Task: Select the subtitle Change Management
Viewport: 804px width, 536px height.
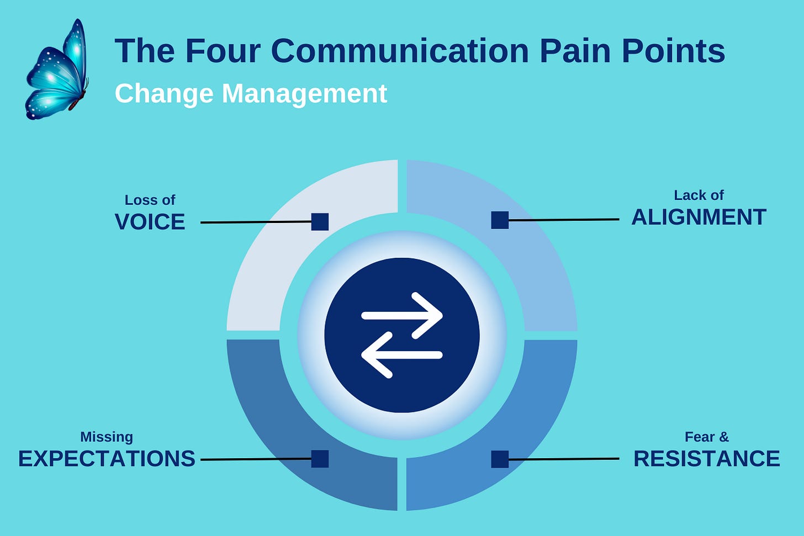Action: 251,93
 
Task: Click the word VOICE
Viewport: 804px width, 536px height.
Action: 150,222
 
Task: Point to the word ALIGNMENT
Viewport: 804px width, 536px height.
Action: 699,217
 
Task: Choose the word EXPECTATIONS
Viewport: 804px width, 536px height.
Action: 107,459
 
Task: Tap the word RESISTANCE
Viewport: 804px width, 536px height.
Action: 706,459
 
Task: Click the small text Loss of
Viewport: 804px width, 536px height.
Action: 150,200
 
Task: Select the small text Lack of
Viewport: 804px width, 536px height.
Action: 699,195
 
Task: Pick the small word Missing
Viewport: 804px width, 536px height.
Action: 107,437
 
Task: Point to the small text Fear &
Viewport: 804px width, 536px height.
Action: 706,437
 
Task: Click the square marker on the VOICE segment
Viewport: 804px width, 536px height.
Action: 320,222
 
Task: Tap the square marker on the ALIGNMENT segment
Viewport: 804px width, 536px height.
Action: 500,220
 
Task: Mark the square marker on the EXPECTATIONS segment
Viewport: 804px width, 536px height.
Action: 320,459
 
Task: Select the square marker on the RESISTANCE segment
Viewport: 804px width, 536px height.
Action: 500,459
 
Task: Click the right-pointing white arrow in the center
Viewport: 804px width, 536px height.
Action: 402,316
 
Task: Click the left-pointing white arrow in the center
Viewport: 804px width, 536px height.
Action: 402,355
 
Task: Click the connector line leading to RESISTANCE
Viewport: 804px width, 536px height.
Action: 563,459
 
